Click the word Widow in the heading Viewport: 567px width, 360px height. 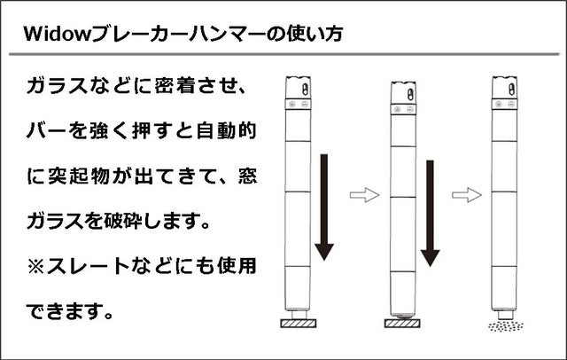[x=57, y=34]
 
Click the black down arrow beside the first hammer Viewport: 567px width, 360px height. [x=324, y=207]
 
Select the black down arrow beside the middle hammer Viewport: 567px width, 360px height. [x=430, y=213]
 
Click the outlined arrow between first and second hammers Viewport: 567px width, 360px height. [x=364, y=195]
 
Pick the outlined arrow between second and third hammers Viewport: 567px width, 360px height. [x=467, y=195]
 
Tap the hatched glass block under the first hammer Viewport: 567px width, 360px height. [x=299, y=323]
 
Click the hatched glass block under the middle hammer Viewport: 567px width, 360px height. [x=402, y=323]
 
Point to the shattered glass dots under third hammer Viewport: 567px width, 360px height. [x=506, y=326]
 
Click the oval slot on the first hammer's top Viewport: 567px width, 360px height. [x=305, y=89]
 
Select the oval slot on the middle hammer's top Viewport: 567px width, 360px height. [x=410, y=94]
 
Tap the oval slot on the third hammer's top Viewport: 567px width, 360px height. [x=511, y=89]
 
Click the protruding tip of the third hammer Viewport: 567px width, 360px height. [x=506, y=315]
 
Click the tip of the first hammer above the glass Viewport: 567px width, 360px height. [x=299, y=315]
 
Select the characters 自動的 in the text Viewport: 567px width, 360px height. [x=227, y=131]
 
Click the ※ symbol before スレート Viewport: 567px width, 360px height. [x=35, y=267]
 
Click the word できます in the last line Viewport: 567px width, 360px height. [x=65, y=311]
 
